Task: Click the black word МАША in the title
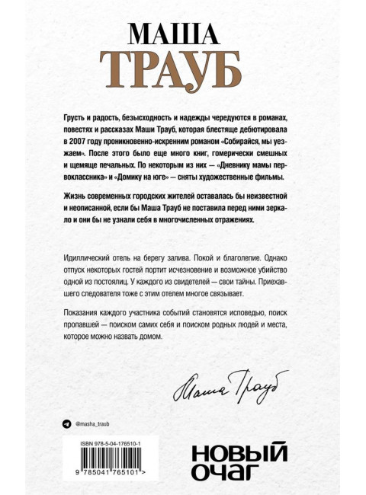tap(182, 35)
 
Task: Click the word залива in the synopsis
tap(195, 258)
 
